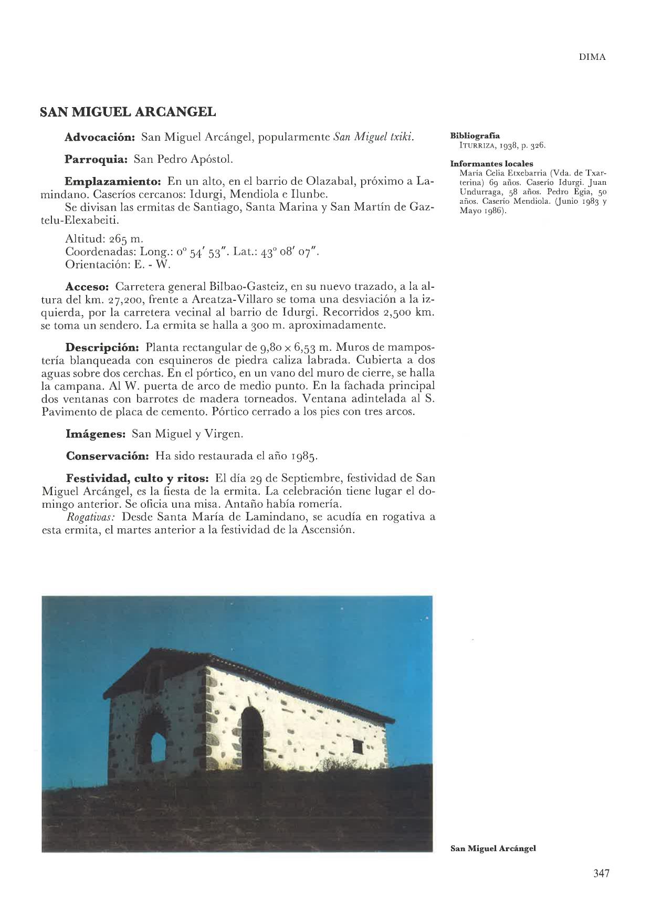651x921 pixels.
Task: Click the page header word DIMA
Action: (592, 58)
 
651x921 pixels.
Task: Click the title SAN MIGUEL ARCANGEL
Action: (128, 112)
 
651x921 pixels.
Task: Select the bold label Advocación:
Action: (100, 138)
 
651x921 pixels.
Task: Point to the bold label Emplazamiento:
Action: (112, 182)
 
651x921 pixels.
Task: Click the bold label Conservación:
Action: (108, 456)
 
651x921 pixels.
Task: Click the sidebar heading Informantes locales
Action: (488, 164)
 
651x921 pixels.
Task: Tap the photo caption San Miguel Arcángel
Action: (493, 848)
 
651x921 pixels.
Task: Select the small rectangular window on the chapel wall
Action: (358, 746)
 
